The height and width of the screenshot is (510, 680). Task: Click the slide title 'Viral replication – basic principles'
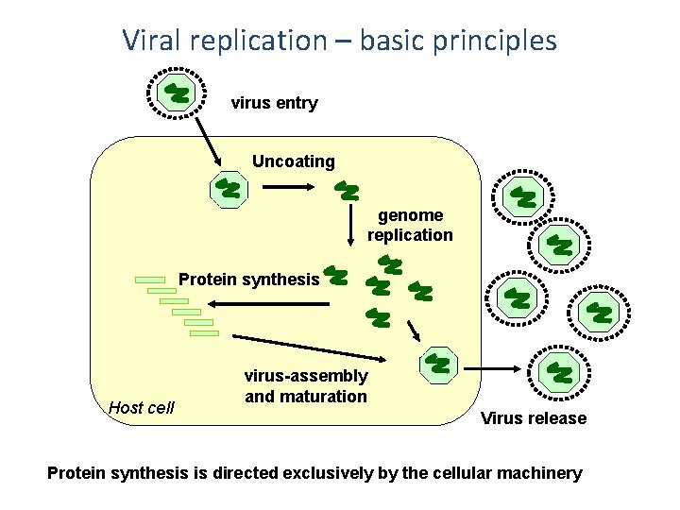click(339, 41)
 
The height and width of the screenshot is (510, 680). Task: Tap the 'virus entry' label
click(274, 103)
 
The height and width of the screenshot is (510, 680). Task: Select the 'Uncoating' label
click(293, 161)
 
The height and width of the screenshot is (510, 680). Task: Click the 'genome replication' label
click(410, 225)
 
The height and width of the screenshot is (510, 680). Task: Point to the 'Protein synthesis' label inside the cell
click(249, 279)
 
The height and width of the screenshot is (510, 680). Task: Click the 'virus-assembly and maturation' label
click(306, 386)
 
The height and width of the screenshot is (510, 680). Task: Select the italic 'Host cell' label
click(142, 408)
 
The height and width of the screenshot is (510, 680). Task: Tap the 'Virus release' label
click(534, 418)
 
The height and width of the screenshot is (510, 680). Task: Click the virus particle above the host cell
click(177, 93)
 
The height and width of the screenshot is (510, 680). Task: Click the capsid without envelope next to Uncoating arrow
click(228, 189)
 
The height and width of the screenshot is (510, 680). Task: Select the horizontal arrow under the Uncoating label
click(293, 187)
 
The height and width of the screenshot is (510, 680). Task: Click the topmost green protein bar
click(149, 280)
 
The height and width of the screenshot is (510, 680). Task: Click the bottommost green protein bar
click(204, 332)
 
